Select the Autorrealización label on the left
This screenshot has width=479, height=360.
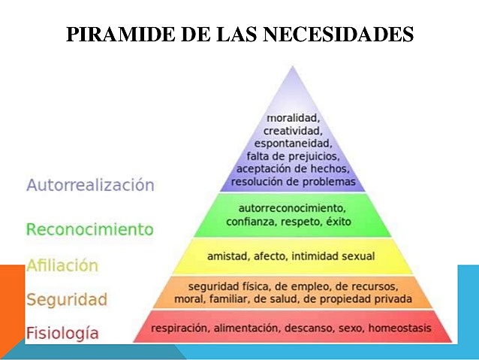[90, 185]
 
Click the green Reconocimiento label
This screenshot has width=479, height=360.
[89, 229]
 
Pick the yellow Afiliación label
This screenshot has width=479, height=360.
[62, 265]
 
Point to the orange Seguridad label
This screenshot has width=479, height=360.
[67, 299]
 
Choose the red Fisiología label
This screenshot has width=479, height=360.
[62, 332]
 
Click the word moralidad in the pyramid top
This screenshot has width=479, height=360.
[293, 118]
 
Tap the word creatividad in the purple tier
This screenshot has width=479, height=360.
[293, 131]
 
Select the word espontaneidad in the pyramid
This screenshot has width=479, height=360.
[293, 143]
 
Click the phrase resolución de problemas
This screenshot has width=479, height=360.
[293, 181]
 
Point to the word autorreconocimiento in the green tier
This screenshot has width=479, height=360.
[291, 208]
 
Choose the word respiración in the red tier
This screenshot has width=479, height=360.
[180, 328]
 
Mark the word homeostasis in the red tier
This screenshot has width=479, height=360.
[402, 328]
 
